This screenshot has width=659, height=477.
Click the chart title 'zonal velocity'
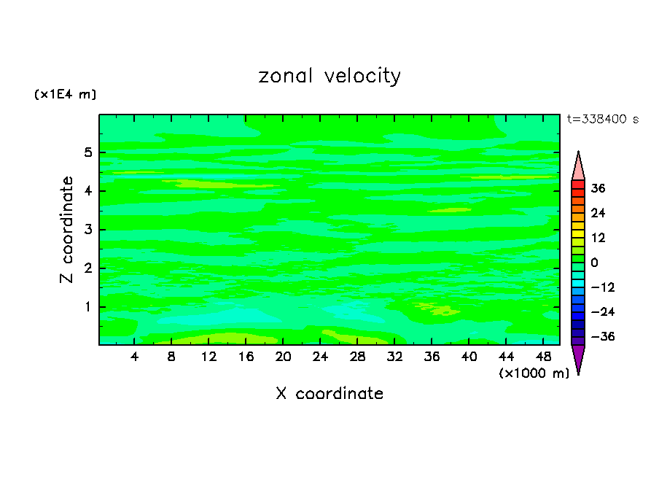pyautogui.click(x=329, y=76)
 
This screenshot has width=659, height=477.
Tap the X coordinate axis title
pyautogui.click(x=329, y=394)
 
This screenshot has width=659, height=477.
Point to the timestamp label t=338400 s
pyautogui.click(x=602, y=119)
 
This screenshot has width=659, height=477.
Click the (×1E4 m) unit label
pyautogui.click(x=65, y=95)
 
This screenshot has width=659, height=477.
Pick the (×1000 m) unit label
pyautogui.click(x=534, y=373)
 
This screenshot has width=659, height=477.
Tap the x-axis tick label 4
pyautogui.click(x=135, y=357)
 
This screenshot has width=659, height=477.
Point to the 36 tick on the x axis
pyautogui.click(x=432, y=357)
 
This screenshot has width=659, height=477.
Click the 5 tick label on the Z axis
pyautogui.click(x=88, y=153)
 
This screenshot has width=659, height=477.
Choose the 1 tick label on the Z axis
pyautogui.click(x=88, y=307)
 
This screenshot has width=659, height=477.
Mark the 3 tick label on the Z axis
pyautogui.click(x=88, y=230)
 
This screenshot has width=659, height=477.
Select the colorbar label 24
pyautogui.click(x=598, y=214)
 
